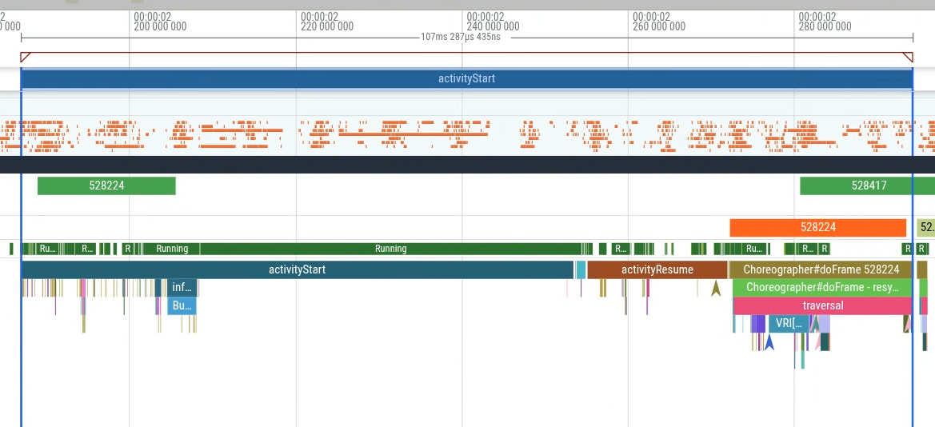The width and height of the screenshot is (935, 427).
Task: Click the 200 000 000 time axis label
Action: coord(160,26)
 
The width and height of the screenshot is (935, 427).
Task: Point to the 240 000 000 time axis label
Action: coord(493,26)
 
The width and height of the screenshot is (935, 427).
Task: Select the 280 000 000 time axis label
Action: coord(825,26)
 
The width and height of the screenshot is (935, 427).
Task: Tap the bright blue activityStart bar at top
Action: coord(466,78)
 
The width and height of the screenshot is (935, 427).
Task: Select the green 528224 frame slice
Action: coord(106,186)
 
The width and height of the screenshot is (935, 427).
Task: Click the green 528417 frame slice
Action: coord(868,186)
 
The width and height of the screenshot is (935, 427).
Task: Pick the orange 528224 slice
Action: coord(817,227)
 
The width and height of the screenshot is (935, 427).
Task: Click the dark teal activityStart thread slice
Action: coord(297,269)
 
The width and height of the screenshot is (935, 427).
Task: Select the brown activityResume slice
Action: coord(657,269)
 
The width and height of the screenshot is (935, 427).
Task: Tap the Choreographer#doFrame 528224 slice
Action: coord(821,269)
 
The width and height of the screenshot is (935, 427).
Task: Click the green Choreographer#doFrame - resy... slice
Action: coord(821,287)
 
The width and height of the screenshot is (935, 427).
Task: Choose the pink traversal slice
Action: coord(822,305)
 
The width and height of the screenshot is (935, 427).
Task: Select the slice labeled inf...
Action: coord(182,287)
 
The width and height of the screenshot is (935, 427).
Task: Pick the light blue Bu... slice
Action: coord(182,305)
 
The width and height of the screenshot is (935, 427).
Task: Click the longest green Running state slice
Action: coord(390,249)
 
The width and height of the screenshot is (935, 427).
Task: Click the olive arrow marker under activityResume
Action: coord(716,288)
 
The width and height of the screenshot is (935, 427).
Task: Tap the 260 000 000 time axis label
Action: coord(658,26)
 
